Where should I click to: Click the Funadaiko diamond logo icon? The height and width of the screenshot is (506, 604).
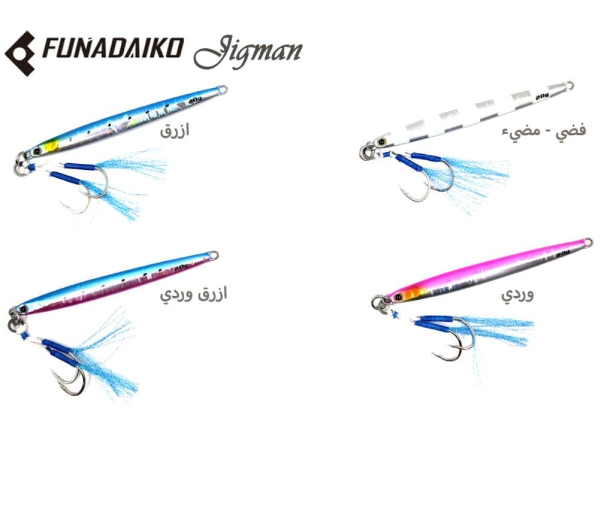[x=20, y=53]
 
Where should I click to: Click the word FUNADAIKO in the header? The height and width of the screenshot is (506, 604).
[x=113, y=48]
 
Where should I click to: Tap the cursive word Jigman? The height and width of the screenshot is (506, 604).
[x=248, y=52]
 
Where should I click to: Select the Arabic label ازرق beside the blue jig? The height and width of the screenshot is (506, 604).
[x=175, y=131]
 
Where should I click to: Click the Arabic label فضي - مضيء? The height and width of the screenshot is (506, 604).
[x=544, y=131]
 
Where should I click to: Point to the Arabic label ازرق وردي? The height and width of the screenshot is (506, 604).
[x=193, y=294]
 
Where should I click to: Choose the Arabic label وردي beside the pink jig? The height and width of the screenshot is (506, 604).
[x=518, y=294]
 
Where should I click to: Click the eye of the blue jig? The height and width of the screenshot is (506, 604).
[x=37, y=151]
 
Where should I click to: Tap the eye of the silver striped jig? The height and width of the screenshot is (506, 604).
[x=382, y=141]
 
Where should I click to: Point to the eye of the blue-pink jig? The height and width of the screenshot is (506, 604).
[x=24, y=308]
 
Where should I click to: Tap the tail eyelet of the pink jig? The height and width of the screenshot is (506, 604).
[x=587, y=242]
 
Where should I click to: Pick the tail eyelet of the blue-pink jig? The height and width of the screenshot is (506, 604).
[x=213, y=255]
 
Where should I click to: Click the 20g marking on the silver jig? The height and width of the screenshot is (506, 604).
[x=542, y=96]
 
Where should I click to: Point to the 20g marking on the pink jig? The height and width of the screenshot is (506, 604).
[x=563, y=254]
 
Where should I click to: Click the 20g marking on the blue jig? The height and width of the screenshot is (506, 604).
[x=196, y=100]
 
